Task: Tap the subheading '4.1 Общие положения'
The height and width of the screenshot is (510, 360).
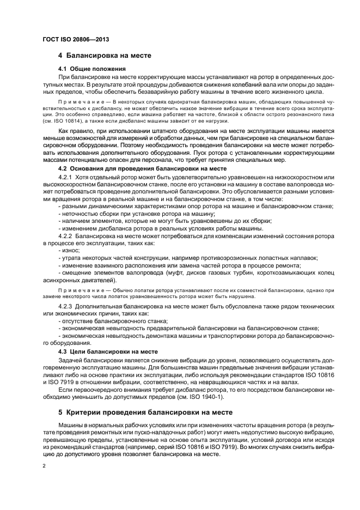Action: [x=92, y=69]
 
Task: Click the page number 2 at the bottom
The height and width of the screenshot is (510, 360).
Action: [x=44, y=466]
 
